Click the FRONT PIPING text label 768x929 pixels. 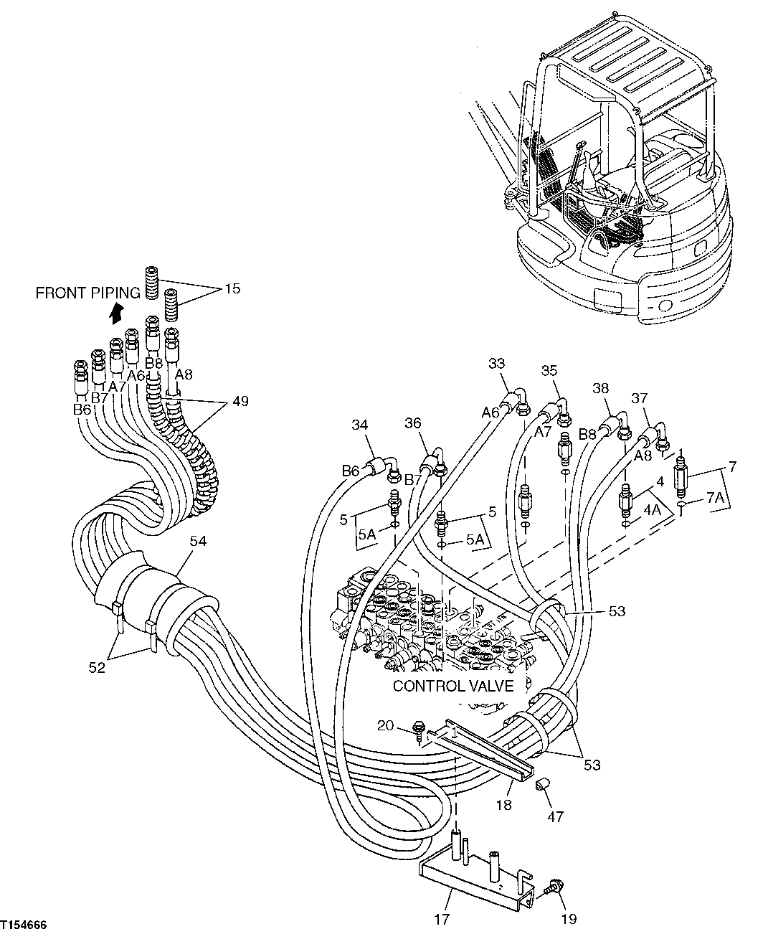(x=87, y=293)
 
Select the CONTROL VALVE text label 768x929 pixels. (x=453, y=686)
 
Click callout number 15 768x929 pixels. (x=232, y=289)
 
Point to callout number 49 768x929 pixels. (x=240, y=401)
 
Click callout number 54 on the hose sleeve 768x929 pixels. (x=198, y=541)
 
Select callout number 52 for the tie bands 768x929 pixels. (x=97, y=667)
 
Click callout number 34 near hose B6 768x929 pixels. (x=359, y=426)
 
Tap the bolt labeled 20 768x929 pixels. (x=420, y=732)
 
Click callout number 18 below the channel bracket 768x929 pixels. (x=504, y=805)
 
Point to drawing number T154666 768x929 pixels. (x=24, y=921)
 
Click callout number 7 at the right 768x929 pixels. (x=731, y=468)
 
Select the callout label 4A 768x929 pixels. (x=651, y=511)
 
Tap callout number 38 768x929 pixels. (x=601, y=388)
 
